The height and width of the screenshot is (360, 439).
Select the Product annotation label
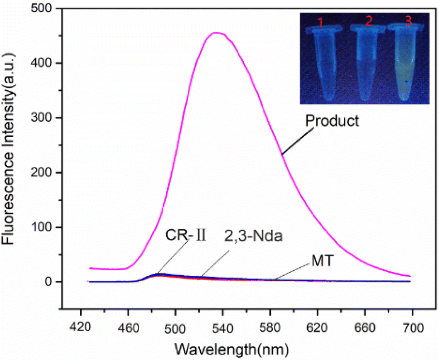(x=332, y=121)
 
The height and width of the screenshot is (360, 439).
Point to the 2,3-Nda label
(x=253, y=236)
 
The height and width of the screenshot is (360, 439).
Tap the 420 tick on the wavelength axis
(x=81, y=327)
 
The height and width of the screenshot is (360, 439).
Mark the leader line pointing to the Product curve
(x=297, y=141)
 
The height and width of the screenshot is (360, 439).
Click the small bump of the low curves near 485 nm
(x=159, y=274)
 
